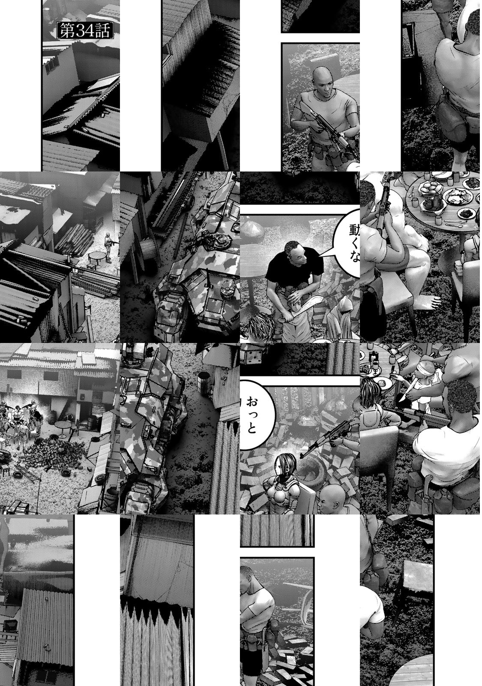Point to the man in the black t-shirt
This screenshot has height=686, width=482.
click(x=294, y=270)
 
